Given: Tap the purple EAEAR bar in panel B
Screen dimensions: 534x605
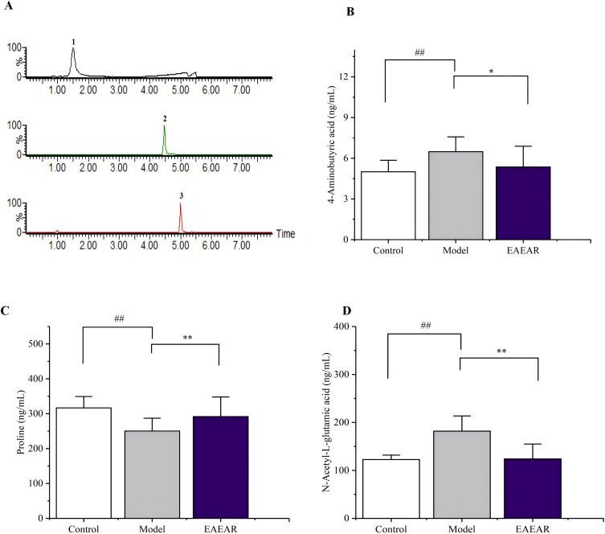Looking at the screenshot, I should tap(526, 203).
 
